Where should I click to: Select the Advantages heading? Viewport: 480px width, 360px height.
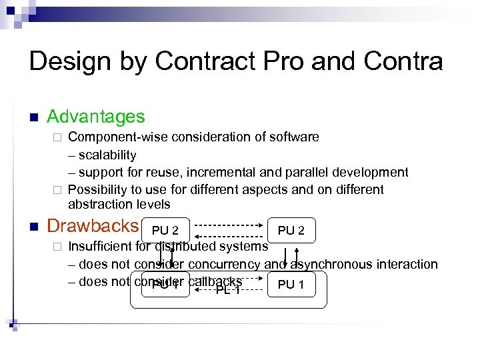[96, 117]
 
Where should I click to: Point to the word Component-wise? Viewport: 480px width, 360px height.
[118, 137]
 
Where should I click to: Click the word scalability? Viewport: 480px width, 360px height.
[107, 155]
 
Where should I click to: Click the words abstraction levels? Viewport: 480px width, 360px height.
[119, 205]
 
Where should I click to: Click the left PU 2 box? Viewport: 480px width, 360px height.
[165, 231]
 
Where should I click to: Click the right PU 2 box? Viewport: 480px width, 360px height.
[291, 231]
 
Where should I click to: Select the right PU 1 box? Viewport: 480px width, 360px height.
[291, 285]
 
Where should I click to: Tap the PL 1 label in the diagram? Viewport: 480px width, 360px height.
[227, 290]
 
